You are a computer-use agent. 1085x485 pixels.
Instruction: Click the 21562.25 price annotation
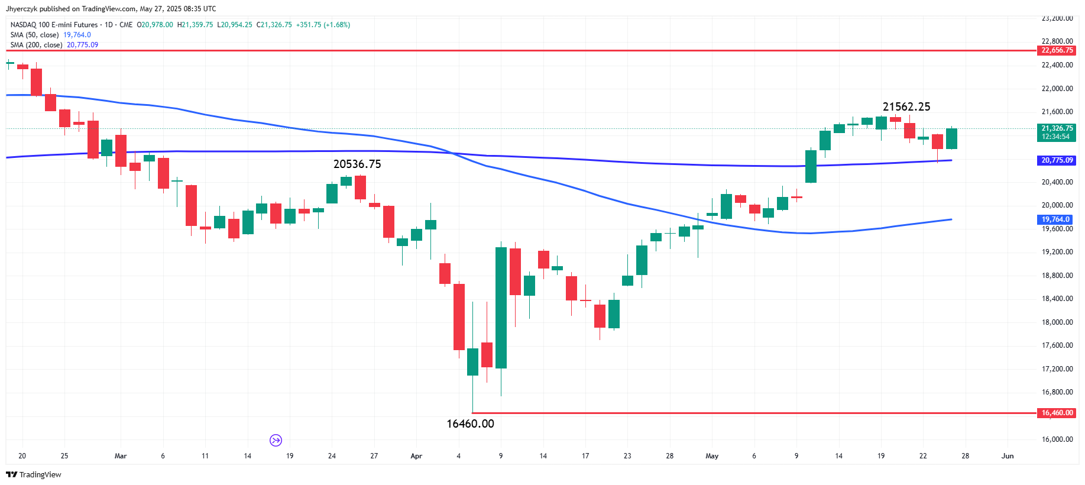coord(906,107)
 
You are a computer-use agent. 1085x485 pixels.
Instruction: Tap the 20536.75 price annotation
coord(357,164)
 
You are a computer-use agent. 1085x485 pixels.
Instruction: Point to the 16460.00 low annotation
coord(470,424)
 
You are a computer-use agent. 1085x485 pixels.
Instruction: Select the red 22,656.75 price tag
coord(1057,51)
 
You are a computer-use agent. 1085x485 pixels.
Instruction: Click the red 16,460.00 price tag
coord(1057,413)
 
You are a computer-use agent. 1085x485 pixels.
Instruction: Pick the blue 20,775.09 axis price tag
coord(1057,160)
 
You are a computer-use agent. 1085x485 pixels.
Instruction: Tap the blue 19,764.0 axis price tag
coord(1055,219)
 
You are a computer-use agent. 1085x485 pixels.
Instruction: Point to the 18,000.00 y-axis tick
coord(1057,322)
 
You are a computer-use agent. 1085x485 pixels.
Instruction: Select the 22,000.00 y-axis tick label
coord(1057,89)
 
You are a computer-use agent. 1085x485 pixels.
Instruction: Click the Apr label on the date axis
coord(416,456)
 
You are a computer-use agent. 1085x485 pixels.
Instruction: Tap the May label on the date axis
coord(712,456)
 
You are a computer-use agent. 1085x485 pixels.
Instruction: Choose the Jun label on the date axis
coord(1008,456)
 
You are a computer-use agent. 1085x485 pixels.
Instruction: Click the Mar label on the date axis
coord(121,456)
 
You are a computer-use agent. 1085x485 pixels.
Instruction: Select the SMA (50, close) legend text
coord(34,35)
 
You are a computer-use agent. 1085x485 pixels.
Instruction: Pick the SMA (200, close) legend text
coord(36,45)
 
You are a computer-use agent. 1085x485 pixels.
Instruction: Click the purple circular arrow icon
coord(276,440)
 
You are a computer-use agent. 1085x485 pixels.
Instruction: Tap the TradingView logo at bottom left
coord(34,474)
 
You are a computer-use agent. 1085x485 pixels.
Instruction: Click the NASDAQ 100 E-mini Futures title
coord(54,25)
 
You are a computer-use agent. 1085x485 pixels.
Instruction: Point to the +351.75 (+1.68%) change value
coord(323,25)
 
